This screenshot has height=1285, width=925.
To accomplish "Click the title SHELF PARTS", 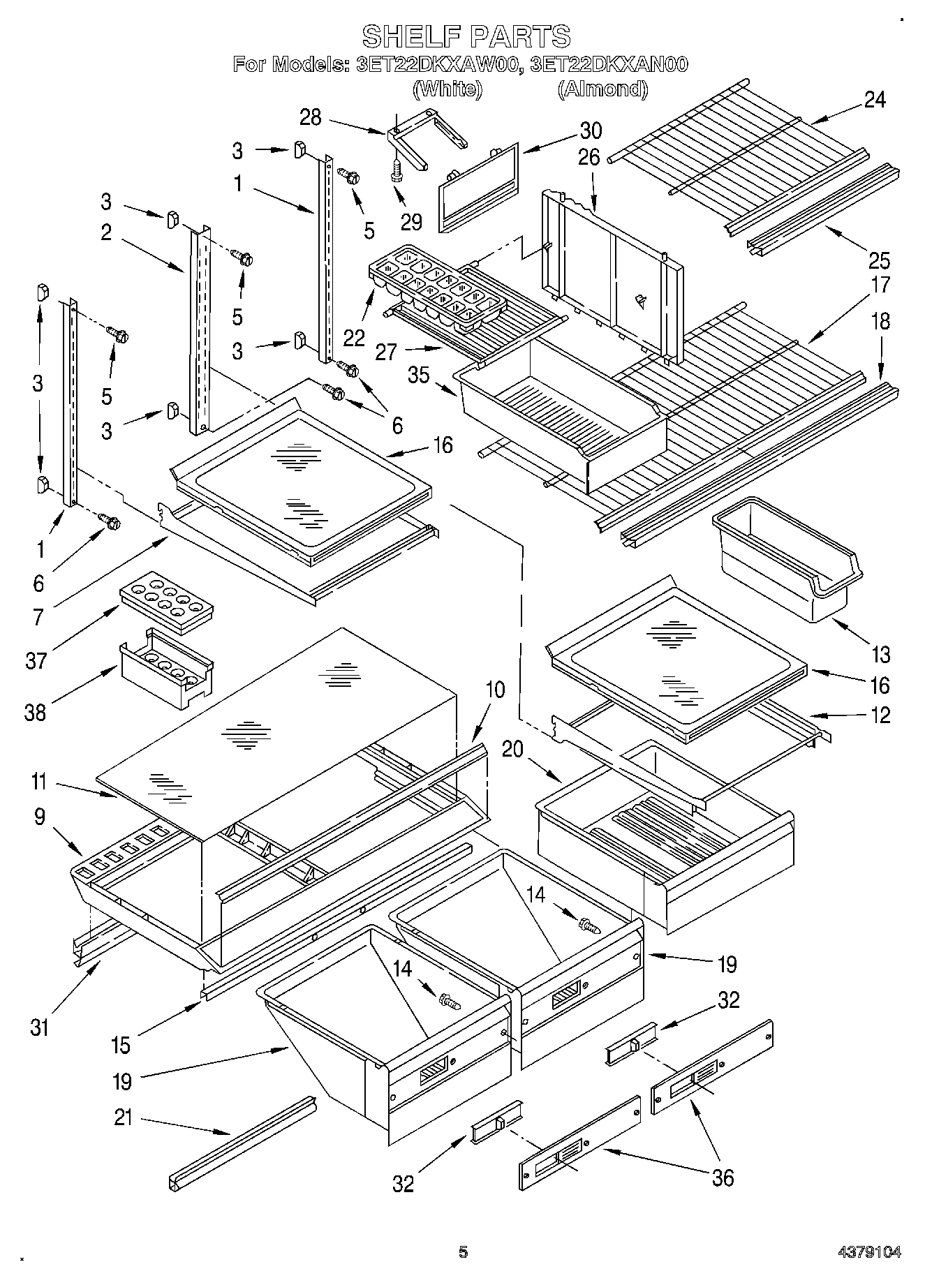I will (466, 36).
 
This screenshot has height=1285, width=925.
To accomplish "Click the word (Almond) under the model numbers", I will (602, 89).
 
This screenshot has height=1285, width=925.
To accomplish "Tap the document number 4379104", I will (874, 1252).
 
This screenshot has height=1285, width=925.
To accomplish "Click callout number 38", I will (35, 712).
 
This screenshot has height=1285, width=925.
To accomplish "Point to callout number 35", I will (418, 375).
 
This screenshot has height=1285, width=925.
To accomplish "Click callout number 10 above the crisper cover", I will (494, 690).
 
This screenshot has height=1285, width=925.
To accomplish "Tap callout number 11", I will (38, 782).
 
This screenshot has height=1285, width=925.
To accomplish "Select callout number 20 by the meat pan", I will (512, 749).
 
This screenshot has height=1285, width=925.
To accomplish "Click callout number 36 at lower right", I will (723, 1178).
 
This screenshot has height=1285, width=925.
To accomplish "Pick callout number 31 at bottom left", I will (39, 1027).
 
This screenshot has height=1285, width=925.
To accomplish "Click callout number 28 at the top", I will (310, 117).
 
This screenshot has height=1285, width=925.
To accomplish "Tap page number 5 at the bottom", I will (462, 1252).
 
